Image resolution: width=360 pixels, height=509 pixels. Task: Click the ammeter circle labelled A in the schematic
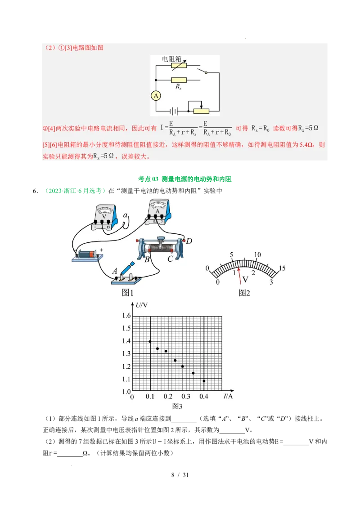(156, 96)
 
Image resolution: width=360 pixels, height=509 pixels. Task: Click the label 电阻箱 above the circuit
(172, 59)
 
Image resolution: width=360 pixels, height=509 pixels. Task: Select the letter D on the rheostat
(189, 241)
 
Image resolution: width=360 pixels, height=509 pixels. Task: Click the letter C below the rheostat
(170, 259)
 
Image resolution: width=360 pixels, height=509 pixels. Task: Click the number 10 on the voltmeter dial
(257, 255)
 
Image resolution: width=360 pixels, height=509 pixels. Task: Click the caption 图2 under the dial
(244, 293)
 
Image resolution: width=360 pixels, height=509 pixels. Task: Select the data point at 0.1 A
(150, 341)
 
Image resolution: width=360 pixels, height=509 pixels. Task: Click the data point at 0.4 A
(204, 381)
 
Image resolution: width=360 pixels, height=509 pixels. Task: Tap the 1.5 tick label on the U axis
(126, 328)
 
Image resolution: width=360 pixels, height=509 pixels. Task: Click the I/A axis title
(228, 396)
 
